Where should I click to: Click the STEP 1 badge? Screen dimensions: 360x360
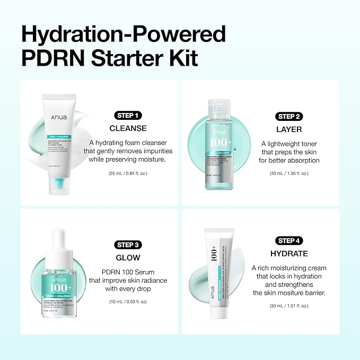pyautogui.click(x=127, y=115)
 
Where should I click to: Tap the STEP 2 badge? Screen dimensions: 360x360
pyautogui.click(x=289, y=116)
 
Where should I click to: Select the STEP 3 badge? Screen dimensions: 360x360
pyautogui.click(x=127, y=245)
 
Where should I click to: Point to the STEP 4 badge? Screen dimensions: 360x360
pyautogui.click(x=289, y=241)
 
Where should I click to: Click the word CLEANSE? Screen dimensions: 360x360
pyautogui.click(x=127, y=128)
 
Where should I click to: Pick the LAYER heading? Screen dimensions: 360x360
pyautogui.click(x=289, y=129)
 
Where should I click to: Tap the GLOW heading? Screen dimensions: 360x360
pyautogui.click(x=127, y=258)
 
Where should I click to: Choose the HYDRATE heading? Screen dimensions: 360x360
pyautogui.click(x=289, y=254)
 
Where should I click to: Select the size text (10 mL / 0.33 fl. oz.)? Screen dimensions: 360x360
pyautogui.click(x=127, y=302)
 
